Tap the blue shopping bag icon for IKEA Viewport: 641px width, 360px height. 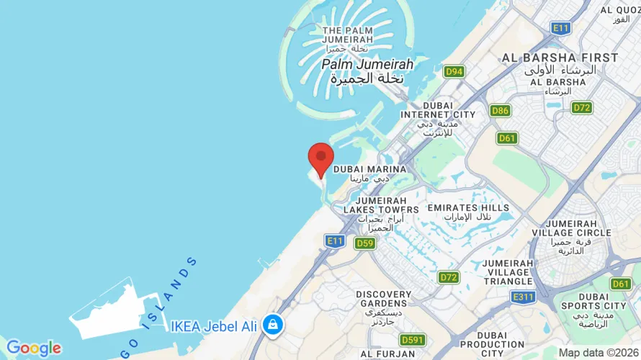tap(272, 325)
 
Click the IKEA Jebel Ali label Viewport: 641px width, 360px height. tap(214, 326)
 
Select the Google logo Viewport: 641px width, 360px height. tap(33, 348)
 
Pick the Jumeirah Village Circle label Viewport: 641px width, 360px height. tap(571, 233)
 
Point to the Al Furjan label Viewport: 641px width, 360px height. tap(387, 354)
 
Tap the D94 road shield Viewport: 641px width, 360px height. tap(454, 71)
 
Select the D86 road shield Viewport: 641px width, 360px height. tap(500, 110)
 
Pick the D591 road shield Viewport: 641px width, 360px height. tap(413, 339)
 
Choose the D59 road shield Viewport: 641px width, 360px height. tap(365, 243)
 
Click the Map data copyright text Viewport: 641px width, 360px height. tap(599, 353)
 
